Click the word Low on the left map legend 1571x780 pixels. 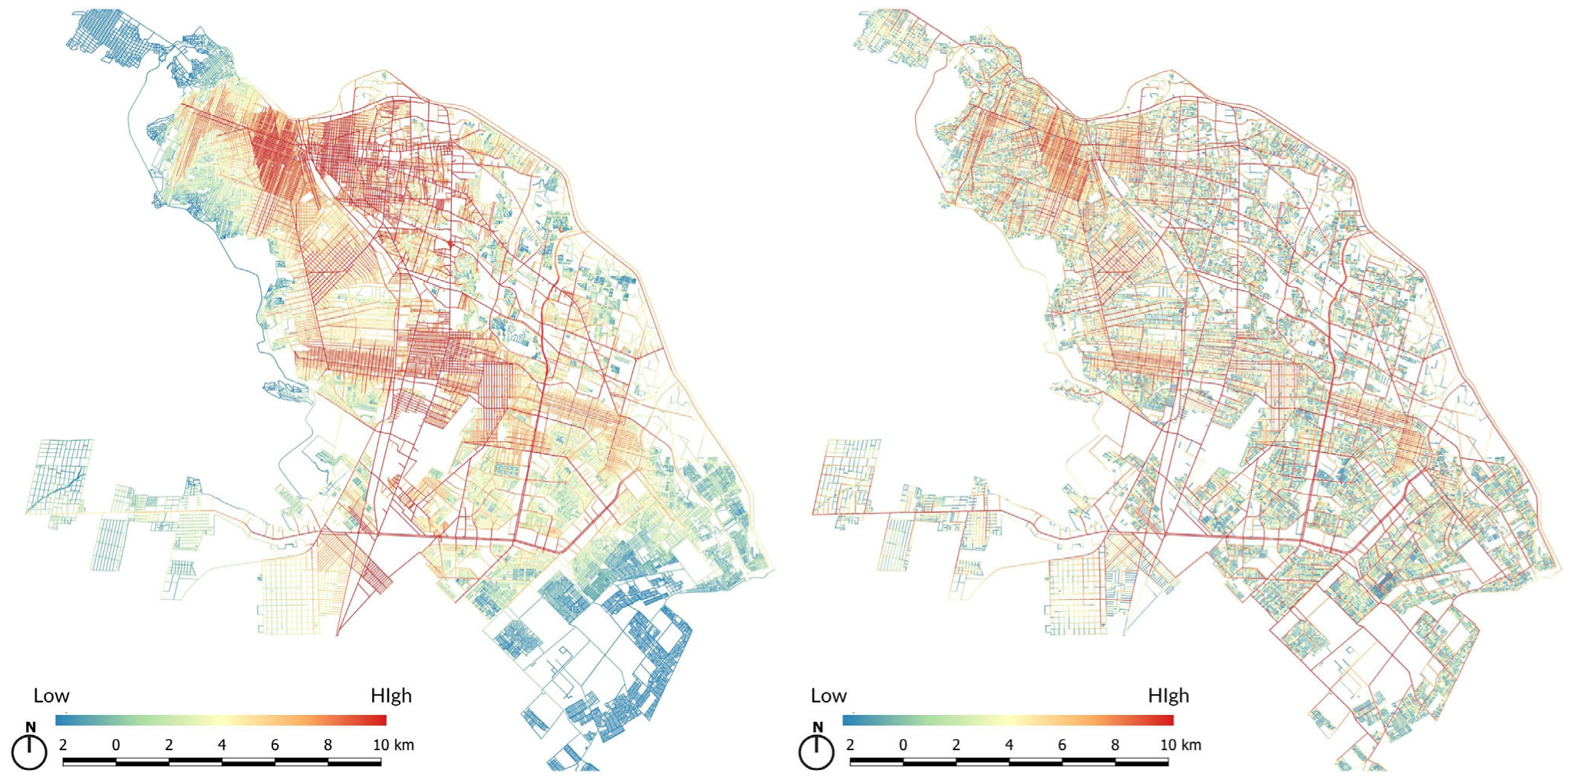tap(51, 696)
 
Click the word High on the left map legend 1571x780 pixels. tap(391, 696)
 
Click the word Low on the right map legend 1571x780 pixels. tap(828, 696)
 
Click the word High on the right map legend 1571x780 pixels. tap(1168, 696)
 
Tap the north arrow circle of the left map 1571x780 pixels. tap(29, 752)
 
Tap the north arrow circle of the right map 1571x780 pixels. tap(816, 752)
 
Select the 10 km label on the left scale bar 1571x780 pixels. tap(393, 745)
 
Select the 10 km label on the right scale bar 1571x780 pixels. tap(1180, 745)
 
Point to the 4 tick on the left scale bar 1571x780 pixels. tap(222, 745)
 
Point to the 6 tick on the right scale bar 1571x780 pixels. tap(1062, 745)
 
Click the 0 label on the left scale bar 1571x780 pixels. tap(116, 745)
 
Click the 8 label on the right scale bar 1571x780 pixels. tap(1115, 745)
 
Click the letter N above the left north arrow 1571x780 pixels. tap(31, 727)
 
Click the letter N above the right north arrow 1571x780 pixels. tap(818, 727)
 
